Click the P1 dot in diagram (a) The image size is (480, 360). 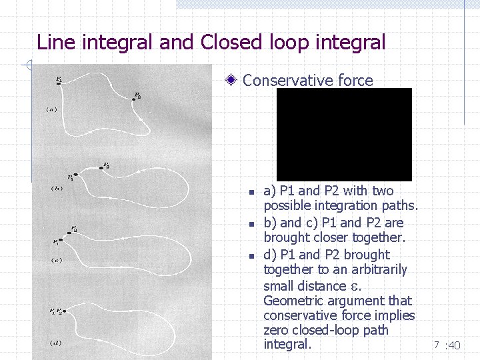pos(59,83)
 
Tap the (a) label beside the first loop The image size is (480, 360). pos(51,109)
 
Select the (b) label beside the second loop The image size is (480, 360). pos(57,188)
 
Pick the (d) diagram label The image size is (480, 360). pos(56,343)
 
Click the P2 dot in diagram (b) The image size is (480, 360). pos(101,168)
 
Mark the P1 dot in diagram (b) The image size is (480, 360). pos(75,175)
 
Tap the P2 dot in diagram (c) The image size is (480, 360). pos(69,233)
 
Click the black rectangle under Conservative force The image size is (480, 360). pos(344,135)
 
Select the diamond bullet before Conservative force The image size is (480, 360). pos(231,81)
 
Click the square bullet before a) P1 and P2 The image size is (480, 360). pos(251,192)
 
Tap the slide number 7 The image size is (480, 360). pos(436,345)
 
